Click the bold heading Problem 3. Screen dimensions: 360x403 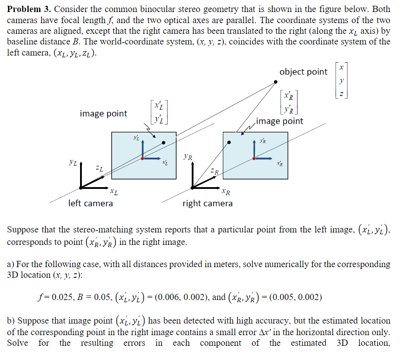coord(28,10)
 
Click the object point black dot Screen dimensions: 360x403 coord(276,82)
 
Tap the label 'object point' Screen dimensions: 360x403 coord(303,72)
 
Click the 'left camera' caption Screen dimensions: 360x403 coord(90,204)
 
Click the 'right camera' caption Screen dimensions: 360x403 coord(207,204)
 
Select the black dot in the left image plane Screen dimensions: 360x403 coord(164,142)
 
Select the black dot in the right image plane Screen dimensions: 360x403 coord(229,142)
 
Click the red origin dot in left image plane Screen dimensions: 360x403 coord(142,158)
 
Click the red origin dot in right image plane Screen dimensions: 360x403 coord(254,158)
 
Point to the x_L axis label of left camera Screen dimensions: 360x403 coord(114,192)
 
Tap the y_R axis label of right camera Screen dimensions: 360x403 coord(188,156)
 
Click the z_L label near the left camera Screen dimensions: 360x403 coord(100,168)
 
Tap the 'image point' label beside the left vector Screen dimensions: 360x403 coord(104,114)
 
